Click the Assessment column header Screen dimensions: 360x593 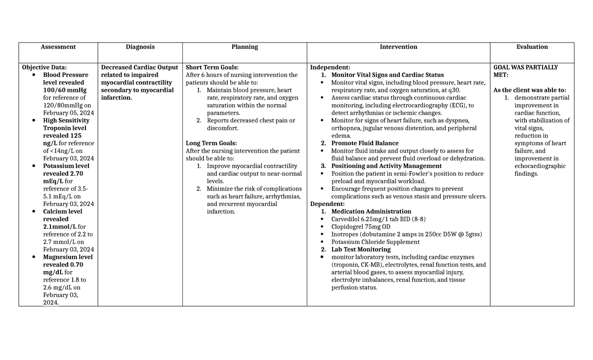58,47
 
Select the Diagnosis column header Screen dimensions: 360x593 140,47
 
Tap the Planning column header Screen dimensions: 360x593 245,47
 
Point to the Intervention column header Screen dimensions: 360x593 398,47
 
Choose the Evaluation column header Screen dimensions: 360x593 532,47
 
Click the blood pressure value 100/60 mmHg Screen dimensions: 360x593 65,90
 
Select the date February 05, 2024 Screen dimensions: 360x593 68,113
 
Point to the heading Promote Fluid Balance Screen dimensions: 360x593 365,144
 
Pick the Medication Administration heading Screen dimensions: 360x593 371,212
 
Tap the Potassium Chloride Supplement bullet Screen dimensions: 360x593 376,242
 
